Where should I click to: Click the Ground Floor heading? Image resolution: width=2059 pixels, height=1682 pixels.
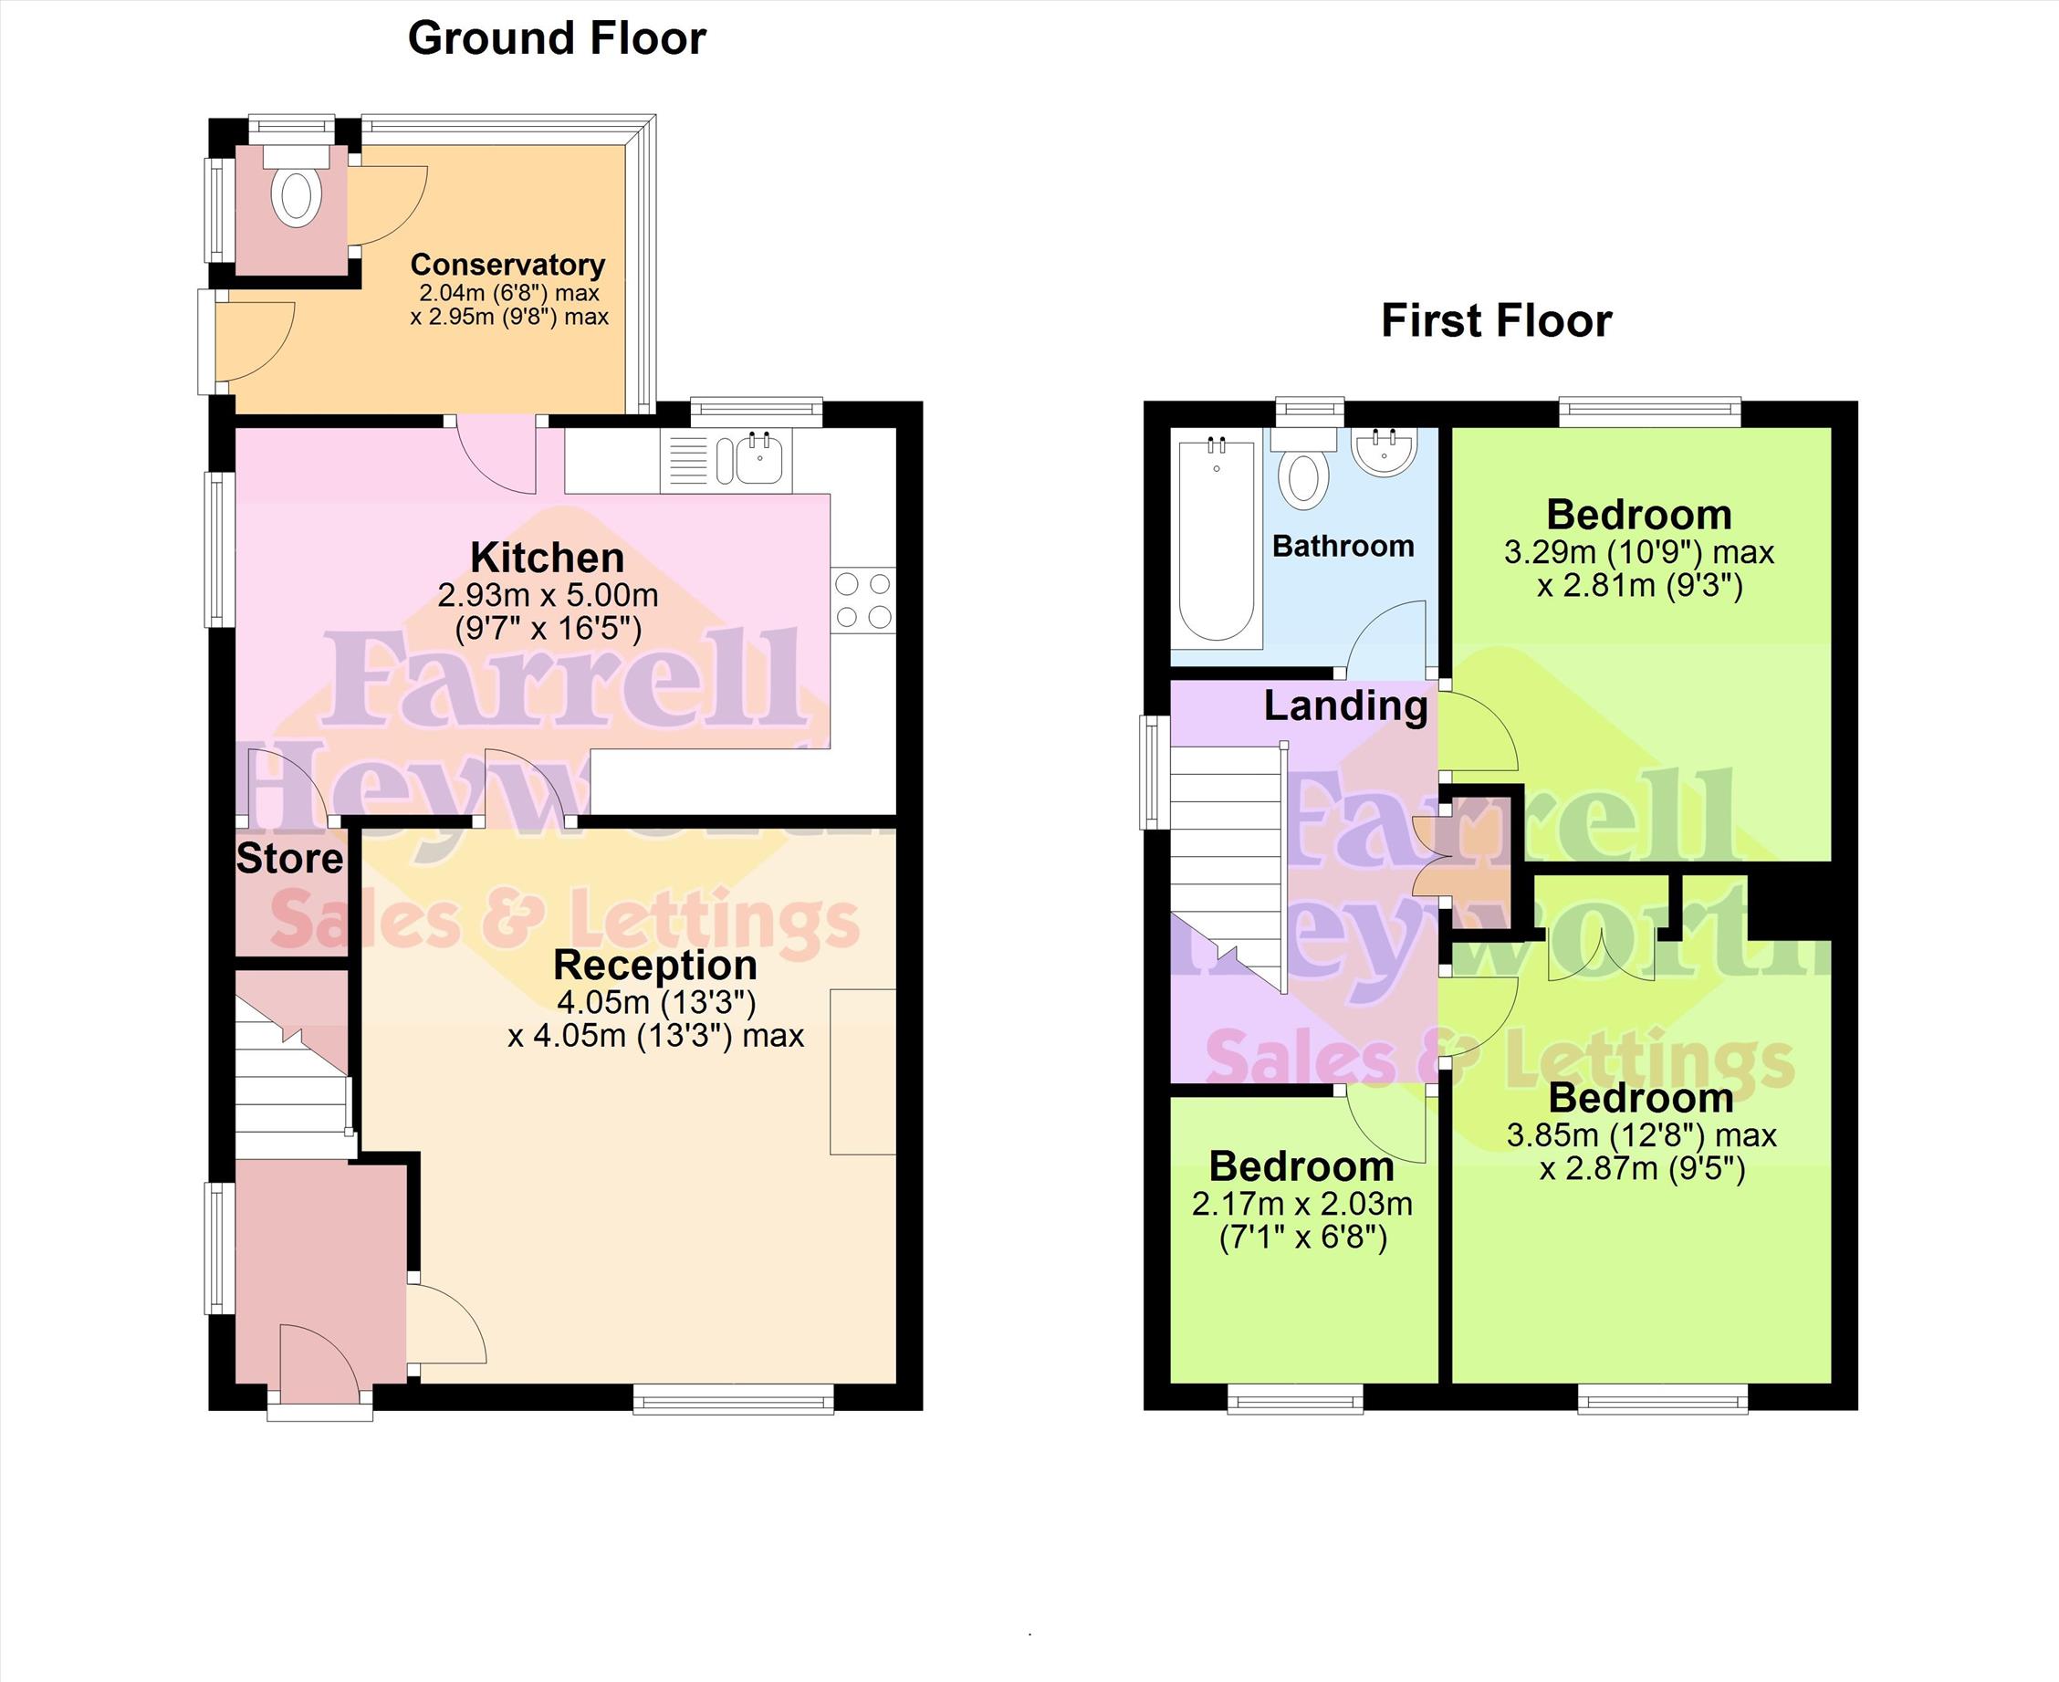[556, 38]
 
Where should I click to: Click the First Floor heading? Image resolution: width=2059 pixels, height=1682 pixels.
[1496, 320]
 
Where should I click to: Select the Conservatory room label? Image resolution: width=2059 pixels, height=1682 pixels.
[507, 264]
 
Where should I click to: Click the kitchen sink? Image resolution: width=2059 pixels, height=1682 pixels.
[758, 457]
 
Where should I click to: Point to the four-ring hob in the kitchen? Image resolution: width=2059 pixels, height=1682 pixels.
[862, 600]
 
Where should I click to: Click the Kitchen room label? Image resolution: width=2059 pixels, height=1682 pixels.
[548, 559]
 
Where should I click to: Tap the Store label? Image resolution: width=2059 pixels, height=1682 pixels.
[289, 859]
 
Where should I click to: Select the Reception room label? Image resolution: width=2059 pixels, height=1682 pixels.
[655, 965]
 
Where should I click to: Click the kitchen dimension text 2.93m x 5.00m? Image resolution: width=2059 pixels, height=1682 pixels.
[549, 594]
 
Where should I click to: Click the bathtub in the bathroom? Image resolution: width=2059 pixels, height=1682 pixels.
[1217, 540]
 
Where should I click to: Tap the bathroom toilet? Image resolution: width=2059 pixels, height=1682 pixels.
[1303, 469]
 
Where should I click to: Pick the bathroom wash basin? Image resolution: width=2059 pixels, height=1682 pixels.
[1385, 452]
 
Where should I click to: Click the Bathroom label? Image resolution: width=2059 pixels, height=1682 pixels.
[1343, 547]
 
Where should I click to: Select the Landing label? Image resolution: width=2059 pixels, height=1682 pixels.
[1346, 706]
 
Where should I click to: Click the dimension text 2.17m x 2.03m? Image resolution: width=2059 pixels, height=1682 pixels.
[1302, 1205]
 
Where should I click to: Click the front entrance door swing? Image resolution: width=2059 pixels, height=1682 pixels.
[319, 1359]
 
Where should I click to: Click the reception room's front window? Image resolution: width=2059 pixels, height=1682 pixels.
[734, 1398]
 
